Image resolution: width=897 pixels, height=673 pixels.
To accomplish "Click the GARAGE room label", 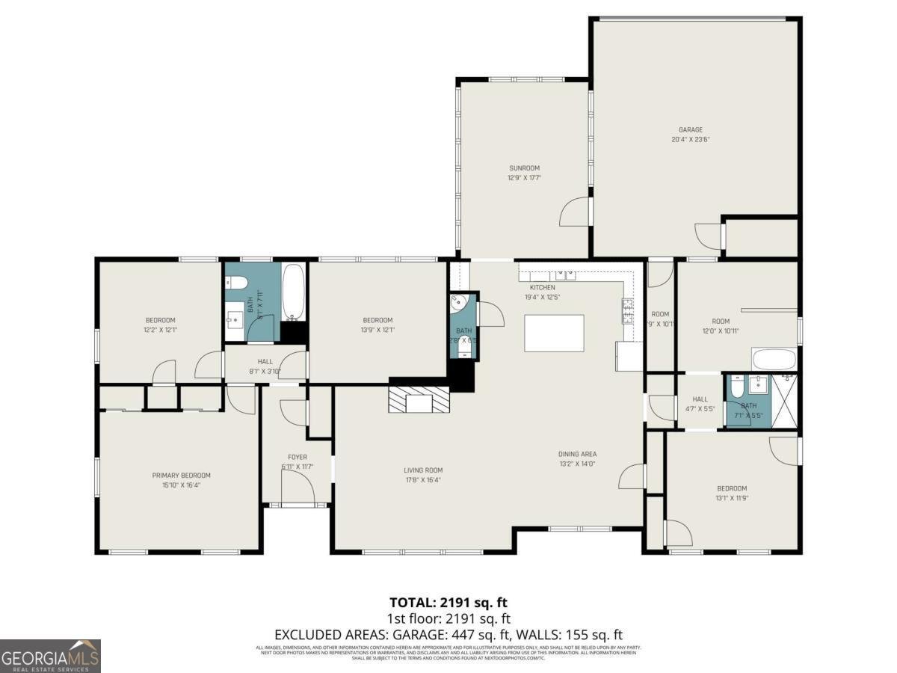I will (690, 129).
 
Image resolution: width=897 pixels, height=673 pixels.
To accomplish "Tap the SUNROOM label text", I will (524, 168).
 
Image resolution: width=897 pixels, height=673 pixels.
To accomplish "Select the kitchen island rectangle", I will (554, 333).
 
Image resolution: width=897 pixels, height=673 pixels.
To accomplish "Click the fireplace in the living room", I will (419, 399).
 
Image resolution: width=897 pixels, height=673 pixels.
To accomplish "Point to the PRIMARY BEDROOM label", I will (181, 475).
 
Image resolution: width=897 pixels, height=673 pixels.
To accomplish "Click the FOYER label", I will (297, 457).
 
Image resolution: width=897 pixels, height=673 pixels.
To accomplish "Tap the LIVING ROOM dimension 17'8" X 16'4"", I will (423, 480).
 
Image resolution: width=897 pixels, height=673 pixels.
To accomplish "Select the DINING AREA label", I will (577, 454).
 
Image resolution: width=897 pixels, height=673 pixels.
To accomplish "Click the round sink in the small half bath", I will (459, 303).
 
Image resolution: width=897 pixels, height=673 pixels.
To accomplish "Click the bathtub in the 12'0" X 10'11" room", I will (774, 360).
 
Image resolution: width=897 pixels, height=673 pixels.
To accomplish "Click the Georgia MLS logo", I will (50, 656).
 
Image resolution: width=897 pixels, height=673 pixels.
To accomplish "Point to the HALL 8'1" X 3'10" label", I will (265, 366).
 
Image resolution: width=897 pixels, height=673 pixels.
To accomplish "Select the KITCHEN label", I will (543, 287).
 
